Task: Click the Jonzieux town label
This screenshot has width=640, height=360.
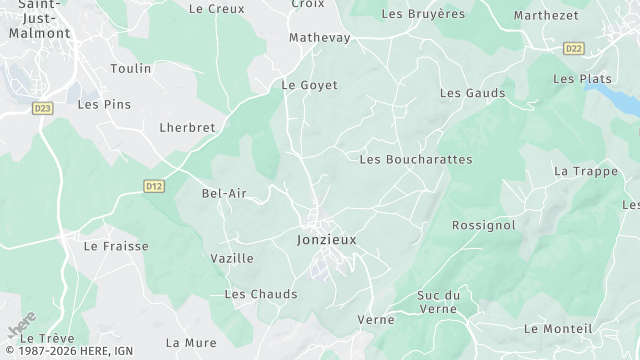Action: (x=327, y=240)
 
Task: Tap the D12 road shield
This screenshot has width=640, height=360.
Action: (x=153, y=186)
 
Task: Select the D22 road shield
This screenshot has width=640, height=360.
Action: (x=573, y=48)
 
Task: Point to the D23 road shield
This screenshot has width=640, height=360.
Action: (x=42, y=108)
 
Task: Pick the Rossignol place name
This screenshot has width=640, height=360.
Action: (x=484, y=225)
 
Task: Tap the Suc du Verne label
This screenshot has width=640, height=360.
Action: (x=438, y=301)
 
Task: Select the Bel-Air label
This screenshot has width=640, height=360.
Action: (x=224, y=193)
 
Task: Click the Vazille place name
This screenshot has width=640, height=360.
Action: (x=232, y=258)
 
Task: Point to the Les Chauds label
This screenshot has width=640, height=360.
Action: (x=261, y=294)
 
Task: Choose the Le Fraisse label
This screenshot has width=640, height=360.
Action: (x=116, y=245)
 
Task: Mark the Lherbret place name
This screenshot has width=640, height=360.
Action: (x=187, y=128)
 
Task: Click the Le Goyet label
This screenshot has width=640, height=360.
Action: (x=310, y=85)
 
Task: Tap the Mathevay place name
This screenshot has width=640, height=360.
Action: (x=320, y=38)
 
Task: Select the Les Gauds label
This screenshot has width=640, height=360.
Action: (x=472, y=93)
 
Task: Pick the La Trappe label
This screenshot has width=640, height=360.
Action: (x=586, y=171)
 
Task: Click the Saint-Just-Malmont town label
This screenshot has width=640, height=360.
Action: (x=38, y=19)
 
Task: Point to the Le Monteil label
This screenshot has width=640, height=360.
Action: (x=558, y=328)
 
